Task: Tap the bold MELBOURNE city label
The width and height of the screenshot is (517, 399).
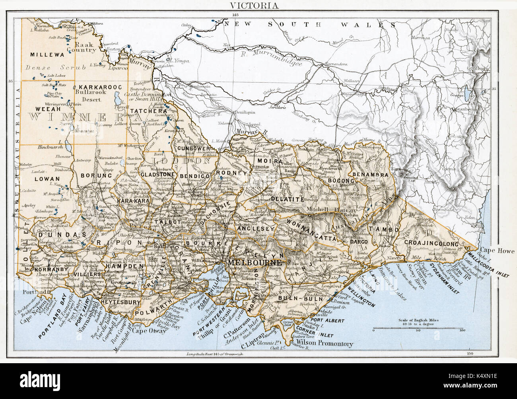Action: (x=254, y=263)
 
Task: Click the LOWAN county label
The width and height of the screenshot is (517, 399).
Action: (x=47, y=179)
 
